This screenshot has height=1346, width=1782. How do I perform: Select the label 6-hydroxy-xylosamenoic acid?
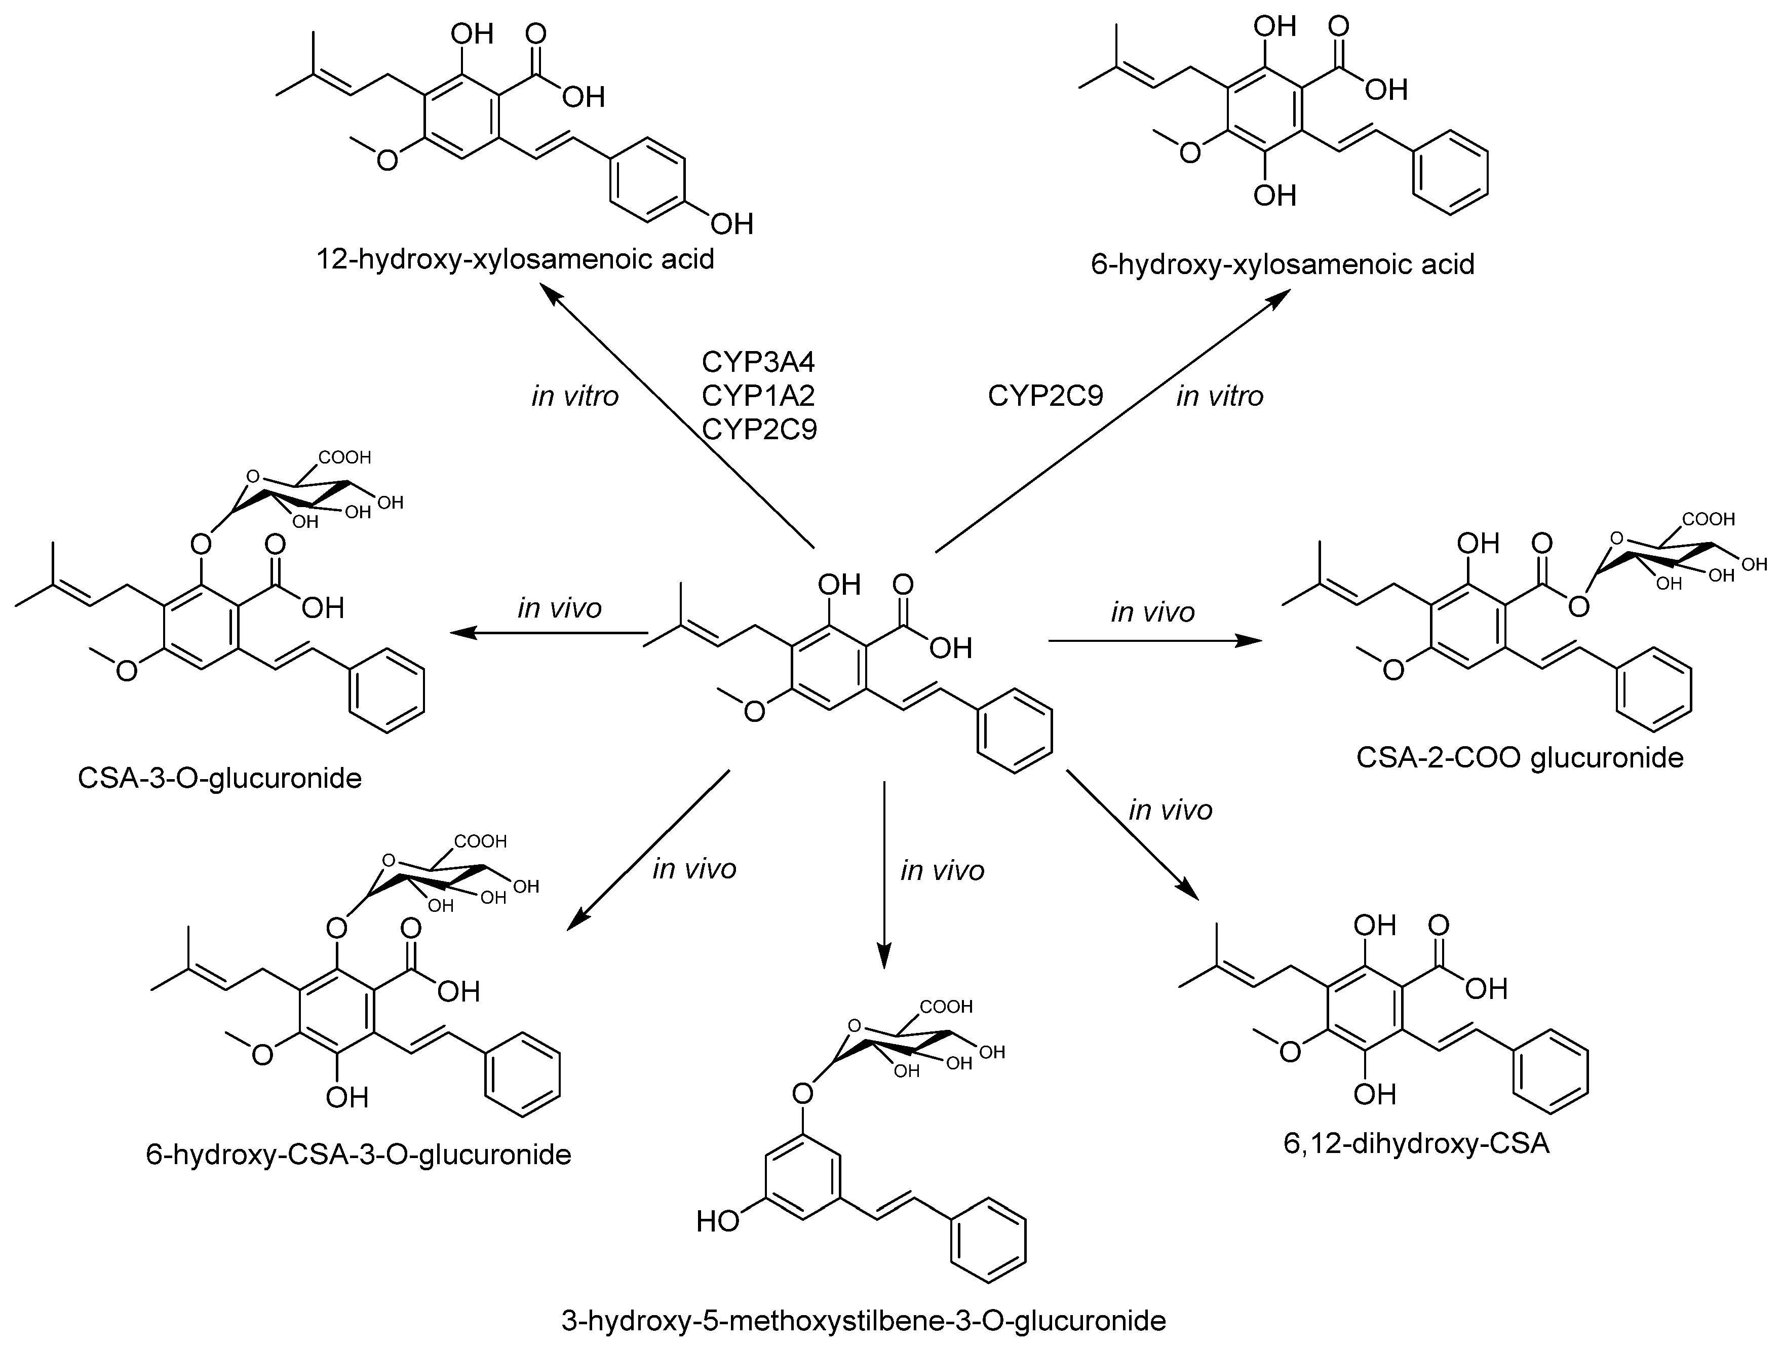point(1283,264)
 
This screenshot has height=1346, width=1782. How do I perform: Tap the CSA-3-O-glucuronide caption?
point(219,778)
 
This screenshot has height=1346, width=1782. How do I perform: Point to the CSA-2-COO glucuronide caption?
point(1520,758)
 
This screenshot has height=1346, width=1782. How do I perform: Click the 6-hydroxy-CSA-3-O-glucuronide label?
point(359,1155)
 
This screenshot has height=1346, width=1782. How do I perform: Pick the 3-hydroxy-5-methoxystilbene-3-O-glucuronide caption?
point(864,1322)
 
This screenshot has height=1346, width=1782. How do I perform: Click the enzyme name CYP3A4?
point(758,363)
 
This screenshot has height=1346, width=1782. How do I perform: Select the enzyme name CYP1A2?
point(758,396)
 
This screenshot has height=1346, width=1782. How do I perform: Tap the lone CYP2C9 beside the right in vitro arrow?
point(1045,396)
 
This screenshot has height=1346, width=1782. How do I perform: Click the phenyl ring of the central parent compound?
point(1014,730)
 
